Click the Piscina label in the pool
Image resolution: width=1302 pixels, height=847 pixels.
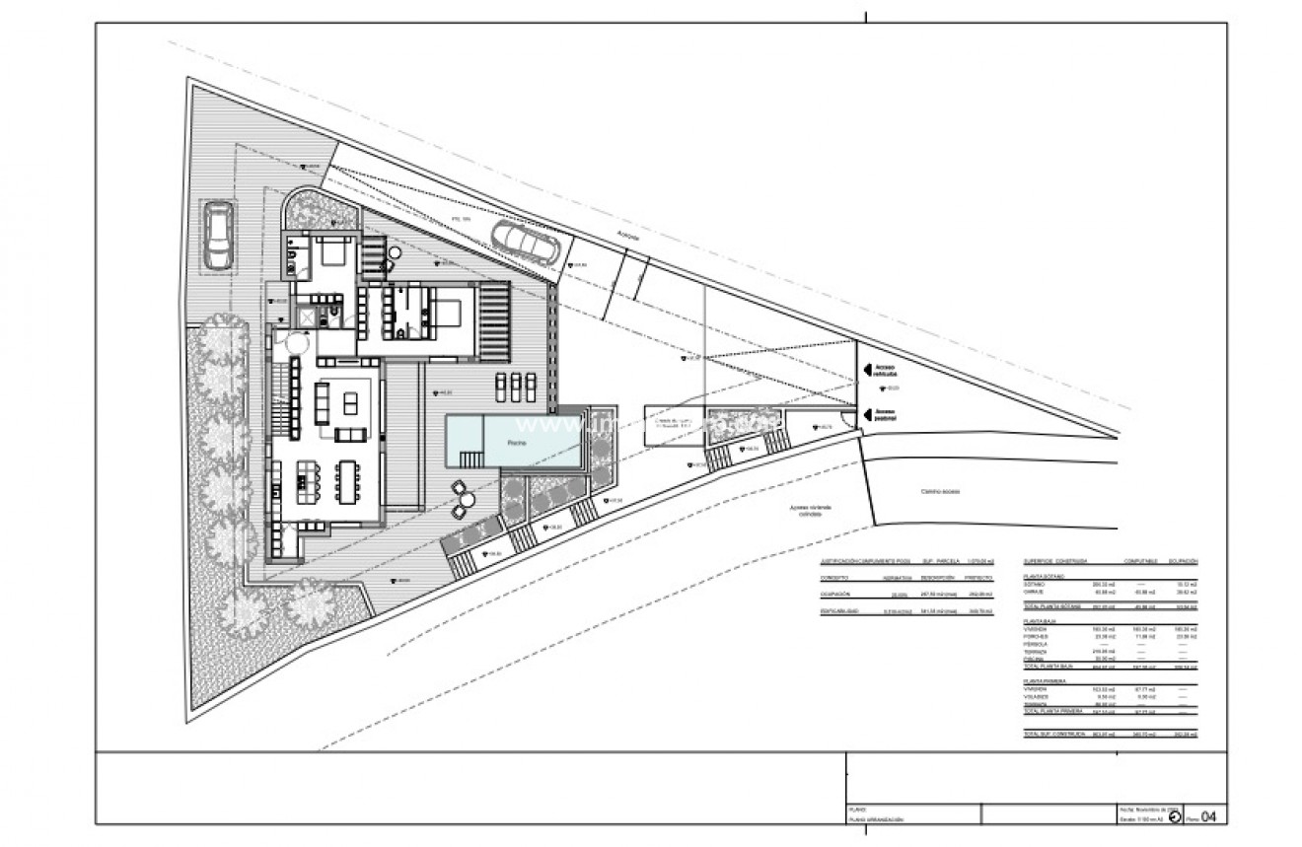518,444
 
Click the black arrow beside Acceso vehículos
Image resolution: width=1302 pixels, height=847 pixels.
868,370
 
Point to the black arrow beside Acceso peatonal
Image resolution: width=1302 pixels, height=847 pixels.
868,414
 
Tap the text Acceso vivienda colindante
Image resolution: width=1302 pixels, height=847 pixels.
810,511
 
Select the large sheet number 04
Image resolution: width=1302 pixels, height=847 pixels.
1209,814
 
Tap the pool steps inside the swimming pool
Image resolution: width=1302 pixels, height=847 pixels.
473,459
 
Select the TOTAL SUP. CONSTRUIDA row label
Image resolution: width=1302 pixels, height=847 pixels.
1054,735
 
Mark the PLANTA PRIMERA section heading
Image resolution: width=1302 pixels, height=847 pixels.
1045,680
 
